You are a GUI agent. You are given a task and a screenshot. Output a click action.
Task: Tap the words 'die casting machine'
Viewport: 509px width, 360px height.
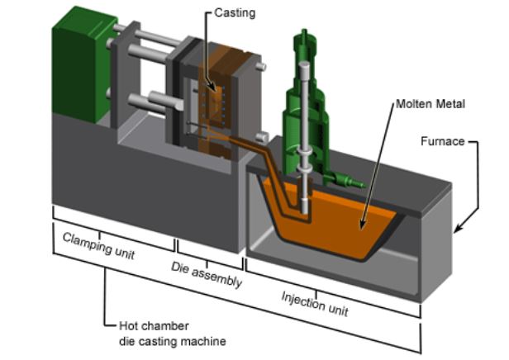(169, 340)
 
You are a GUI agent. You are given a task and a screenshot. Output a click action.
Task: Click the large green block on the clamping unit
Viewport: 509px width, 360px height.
(79, 70)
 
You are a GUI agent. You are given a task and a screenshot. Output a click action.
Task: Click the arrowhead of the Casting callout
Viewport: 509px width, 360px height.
(216, 89)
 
